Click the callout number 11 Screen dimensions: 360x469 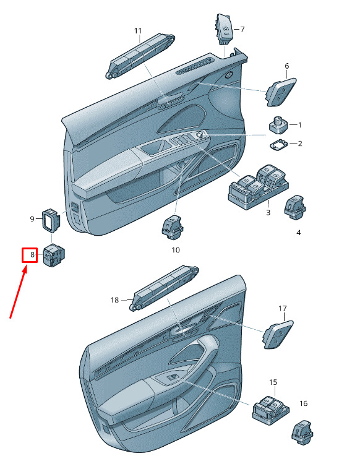coord(138,31)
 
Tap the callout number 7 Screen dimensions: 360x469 coord(242,29)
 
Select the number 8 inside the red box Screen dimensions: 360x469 coord(32,255)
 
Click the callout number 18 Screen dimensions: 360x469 coord(115,300)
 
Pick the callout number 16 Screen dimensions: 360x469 coord(304,403)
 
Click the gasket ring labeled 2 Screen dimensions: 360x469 coord(279,144)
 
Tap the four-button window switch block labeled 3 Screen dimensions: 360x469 coord(258,186)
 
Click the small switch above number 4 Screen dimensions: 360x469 coord(295,208)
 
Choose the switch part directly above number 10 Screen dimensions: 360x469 coord(172,227)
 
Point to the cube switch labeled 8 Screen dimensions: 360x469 coord(54,256)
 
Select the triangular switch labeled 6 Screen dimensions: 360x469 coord(280,92)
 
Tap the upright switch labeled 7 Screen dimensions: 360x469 coord(224,29)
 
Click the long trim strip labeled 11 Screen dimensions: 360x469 coord(140,56)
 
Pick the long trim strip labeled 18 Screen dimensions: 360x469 coord(164,288)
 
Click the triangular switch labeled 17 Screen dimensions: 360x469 coord(278,334)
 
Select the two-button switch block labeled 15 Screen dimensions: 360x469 coord(270,409)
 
